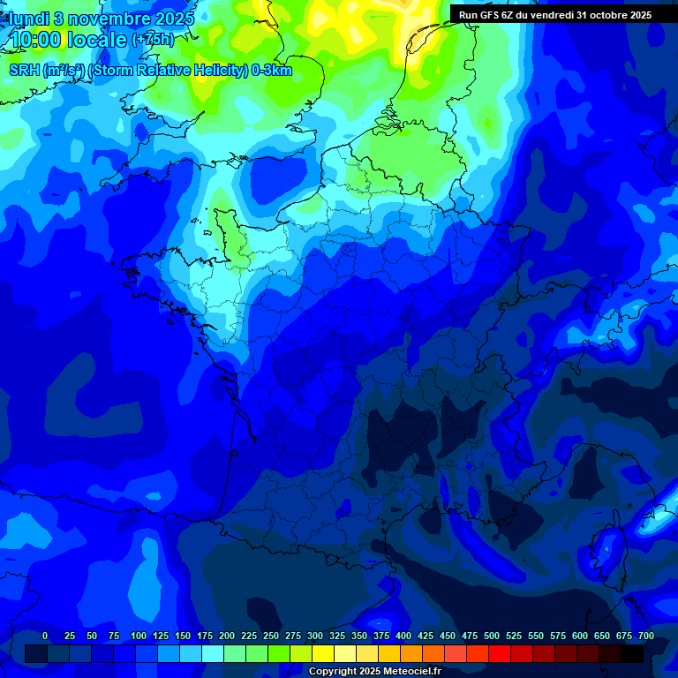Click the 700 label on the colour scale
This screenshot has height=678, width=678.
click(x=645, y=636)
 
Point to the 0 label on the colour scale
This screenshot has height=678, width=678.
click(x=45, y=636)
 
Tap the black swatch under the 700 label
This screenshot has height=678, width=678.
click(x=632, y=653)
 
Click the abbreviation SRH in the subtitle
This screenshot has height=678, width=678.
click(x=24, y=71)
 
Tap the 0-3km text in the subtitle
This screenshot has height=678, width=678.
click(x=272, y=71)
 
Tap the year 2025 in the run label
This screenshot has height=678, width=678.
click(x=636, y=14)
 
